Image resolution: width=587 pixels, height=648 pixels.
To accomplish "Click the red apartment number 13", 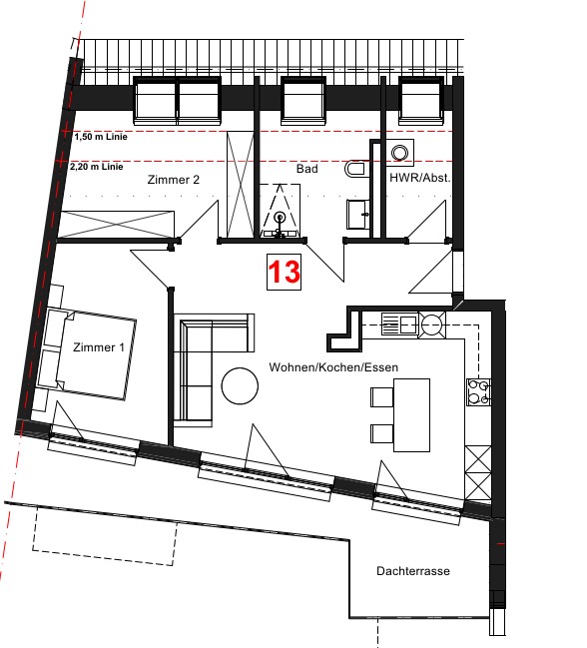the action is tap(284, 272).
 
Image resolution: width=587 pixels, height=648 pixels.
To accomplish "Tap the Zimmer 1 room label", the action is tap(98, 347).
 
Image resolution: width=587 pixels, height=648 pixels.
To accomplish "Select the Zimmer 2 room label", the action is tap(174, 180).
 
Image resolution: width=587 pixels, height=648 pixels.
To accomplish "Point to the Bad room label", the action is tap(306, 169).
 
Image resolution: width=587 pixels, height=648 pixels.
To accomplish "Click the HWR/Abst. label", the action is tap(420, 178).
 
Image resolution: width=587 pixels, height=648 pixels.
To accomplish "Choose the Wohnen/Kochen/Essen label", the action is tap(333, 367).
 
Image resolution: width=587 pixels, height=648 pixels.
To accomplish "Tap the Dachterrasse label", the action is tap(413, 571).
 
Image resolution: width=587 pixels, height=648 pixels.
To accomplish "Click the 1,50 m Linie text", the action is tap(101, 137).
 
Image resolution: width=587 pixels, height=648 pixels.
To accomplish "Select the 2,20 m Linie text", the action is tap(97, 167).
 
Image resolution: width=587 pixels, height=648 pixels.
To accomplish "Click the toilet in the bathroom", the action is tap(355, 169).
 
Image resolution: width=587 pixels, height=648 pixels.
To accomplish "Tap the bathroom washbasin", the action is tap(358, 215).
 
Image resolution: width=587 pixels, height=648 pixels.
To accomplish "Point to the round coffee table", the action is tap(240, 385).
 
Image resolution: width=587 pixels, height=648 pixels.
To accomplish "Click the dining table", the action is tap(411, 415).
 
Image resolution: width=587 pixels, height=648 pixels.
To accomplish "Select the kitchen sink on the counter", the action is tap(400, 324).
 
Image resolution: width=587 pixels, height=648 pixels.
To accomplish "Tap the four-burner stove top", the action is tap(479, 391).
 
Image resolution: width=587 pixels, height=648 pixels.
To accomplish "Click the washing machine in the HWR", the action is tap(399, 153).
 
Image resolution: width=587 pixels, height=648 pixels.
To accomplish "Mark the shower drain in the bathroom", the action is tap(280, 217).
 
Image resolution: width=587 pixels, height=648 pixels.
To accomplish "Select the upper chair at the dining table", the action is tap(382, 397).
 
